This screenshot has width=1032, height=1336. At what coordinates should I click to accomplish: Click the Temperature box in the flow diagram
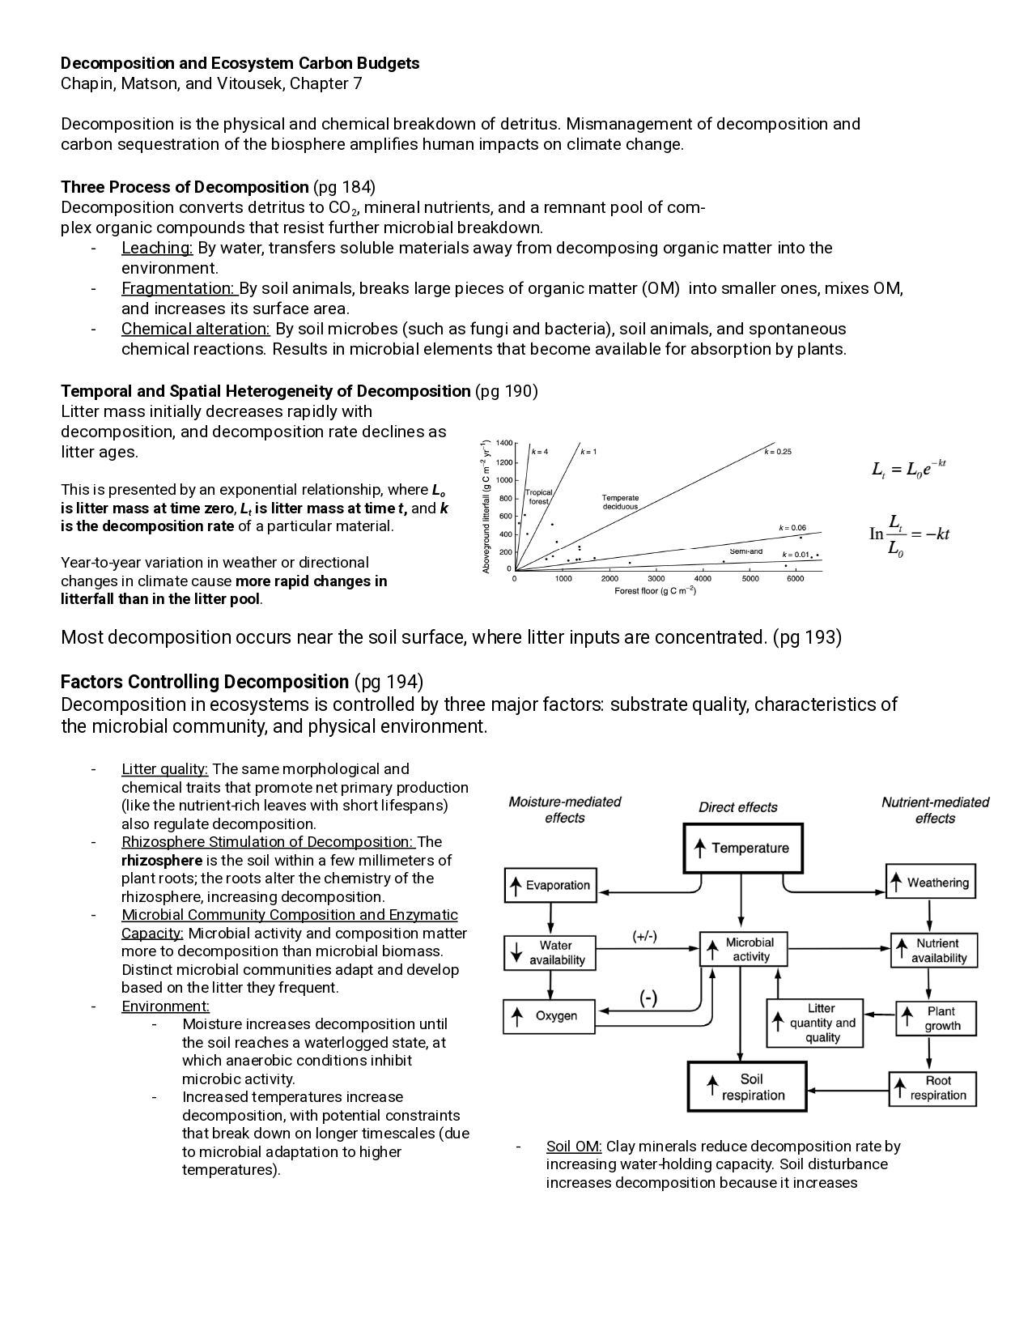tap(743, 848)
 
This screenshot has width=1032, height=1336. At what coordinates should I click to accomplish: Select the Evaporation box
tap(550, 885)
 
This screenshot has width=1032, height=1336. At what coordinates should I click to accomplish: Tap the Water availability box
tap(550, 952)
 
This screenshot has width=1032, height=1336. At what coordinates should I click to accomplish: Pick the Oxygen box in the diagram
tap(550, 1015)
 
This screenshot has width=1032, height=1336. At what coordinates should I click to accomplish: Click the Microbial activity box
tap(743, 949)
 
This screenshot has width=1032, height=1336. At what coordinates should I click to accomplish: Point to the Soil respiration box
tap(747, 1087)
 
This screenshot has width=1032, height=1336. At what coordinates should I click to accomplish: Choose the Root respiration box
tap(932, 1088)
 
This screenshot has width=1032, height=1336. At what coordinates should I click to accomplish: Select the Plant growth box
tap(935, 1019)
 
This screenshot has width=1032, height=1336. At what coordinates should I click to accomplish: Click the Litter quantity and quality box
tap(813, 1023)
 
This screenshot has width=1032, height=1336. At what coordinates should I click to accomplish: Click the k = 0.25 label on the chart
tap(778, 451)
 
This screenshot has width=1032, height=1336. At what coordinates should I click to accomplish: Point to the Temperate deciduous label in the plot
tap(620, 502)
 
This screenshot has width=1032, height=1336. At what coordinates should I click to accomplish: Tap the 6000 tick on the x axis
tap(796, 579)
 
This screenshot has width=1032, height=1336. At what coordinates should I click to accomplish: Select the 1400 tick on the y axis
tap(503, 443)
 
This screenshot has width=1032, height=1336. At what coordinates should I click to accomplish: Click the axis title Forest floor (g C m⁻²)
tap(656, 591)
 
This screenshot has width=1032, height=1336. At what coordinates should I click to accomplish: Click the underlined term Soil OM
tap(574, 1146)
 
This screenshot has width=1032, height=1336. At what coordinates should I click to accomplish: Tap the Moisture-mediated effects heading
tap(564, 810)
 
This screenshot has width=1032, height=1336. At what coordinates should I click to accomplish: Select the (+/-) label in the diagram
tap(644, 936)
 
